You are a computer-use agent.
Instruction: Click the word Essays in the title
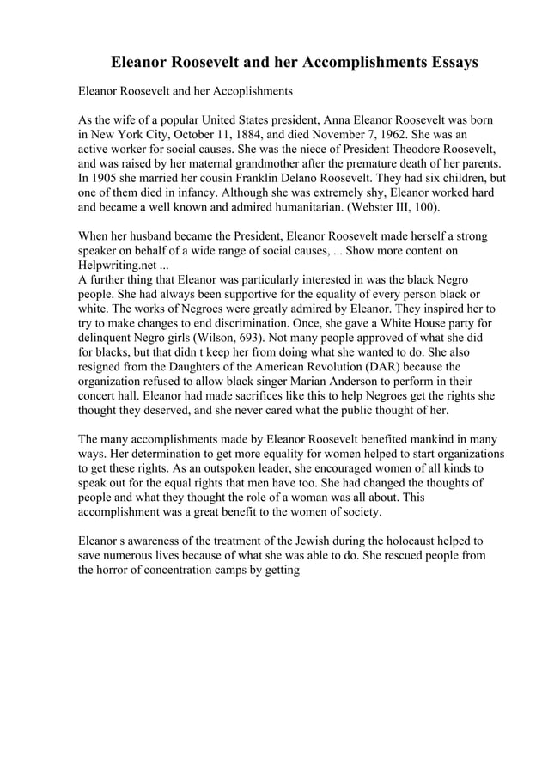pos(446,63)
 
